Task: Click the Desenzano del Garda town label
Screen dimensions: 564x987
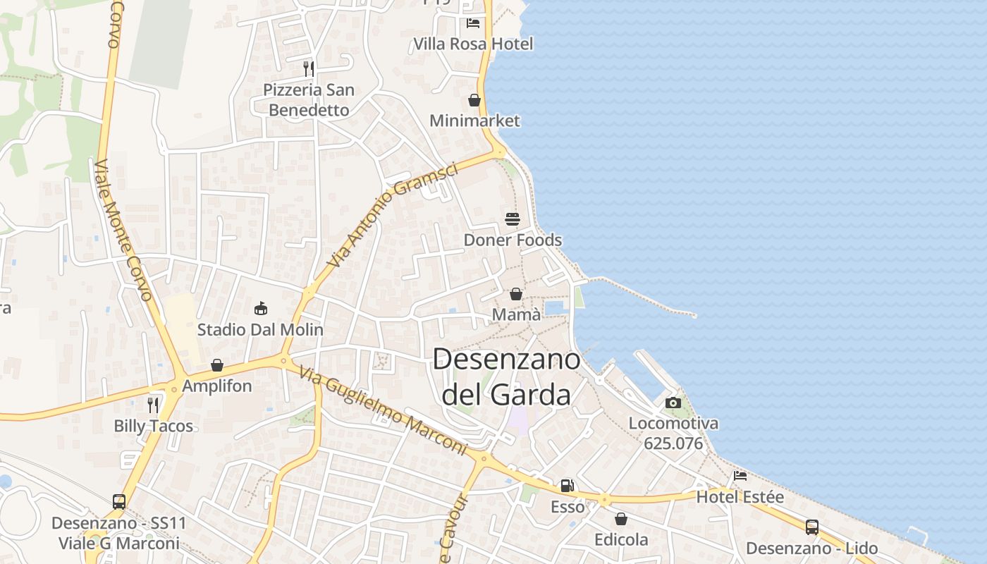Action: click(x=506, y=376)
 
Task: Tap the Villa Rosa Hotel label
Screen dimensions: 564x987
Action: click(x=473, y=44)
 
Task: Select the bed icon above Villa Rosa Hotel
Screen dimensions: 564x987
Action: click(x=473, y=23)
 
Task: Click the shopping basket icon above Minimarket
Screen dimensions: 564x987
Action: click(x=474, y=100)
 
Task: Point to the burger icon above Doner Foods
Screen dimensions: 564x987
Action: click(x=513, y=219)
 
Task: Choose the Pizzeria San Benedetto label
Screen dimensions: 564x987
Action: click(x=309, y=100)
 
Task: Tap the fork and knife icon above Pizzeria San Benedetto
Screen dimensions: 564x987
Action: click(x=309, y=68)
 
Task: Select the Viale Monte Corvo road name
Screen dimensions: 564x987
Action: click(x=123, y=230)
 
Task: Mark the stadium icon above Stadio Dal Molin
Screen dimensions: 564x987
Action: click(x=260, y=309)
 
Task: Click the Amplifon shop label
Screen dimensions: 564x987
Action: click(x=217, y=386)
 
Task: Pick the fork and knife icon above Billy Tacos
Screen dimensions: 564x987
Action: click(x=153, y=405)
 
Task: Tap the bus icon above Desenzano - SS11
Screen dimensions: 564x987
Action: click(x=119, y=502)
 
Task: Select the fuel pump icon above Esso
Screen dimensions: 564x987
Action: click(x=567, y=486)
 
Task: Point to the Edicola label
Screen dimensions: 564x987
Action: click(x=621, y=539)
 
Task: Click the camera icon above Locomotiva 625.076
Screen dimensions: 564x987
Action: click(x=673, y=403)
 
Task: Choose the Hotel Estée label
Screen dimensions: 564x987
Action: click(x=740, y=497)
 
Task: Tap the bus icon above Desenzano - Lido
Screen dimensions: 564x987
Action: click(x=812, y=527)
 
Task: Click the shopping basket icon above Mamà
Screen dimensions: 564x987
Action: click(x=516, y=294)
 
